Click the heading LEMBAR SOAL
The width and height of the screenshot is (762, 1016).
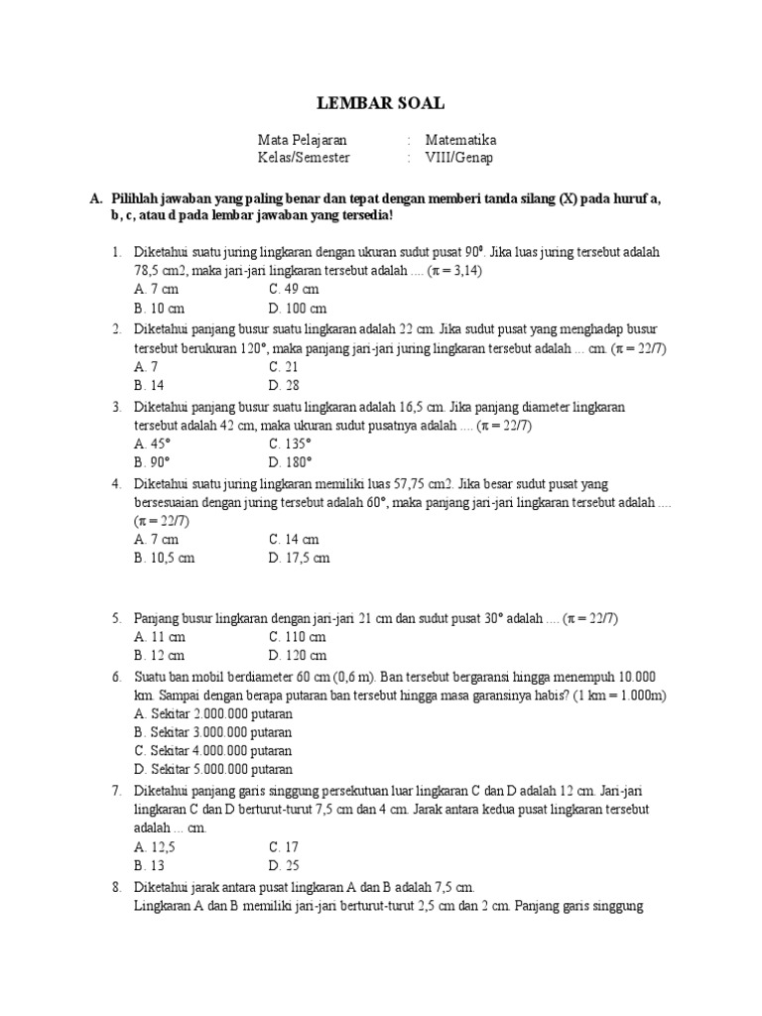[x=381, y=103]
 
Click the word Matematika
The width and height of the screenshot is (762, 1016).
[x=460, y=140]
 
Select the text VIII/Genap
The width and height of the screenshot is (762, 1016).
[x=458, y=157]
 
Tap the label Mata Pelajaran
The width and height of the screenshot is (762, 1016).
[x=303, y=140]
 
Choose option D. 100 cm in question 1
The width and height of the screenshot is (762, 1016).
[x=298, y=308]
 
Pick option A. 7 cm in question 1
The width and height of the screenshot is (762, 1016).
[x=156, y=289]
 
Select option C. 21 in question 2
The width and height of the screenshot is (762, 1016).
[x=284, y=366]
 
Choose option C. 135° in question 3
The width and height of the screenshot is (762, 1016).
[x=290, y=444]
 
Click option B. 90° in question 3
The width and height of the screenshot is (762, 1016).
[x=153, y=462]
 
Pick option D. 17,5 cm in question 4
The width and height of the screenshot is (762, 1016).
[x=299, y=558]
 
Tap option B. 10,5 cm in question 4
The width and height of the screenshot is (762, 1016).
[x=165, y=558]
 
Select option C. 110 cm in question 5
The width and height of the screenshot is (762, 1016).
[x=297, y=636]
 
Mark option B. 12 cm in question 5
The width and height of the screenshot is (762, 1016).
[x=159, y=655]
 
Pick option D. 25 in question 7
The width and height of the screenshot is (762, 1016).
[x=284, y=865]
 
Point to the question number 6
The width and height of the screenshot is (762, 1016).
[x=116, y=675]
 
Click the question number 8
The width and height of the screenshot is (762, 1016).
[x=116, y=886]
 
